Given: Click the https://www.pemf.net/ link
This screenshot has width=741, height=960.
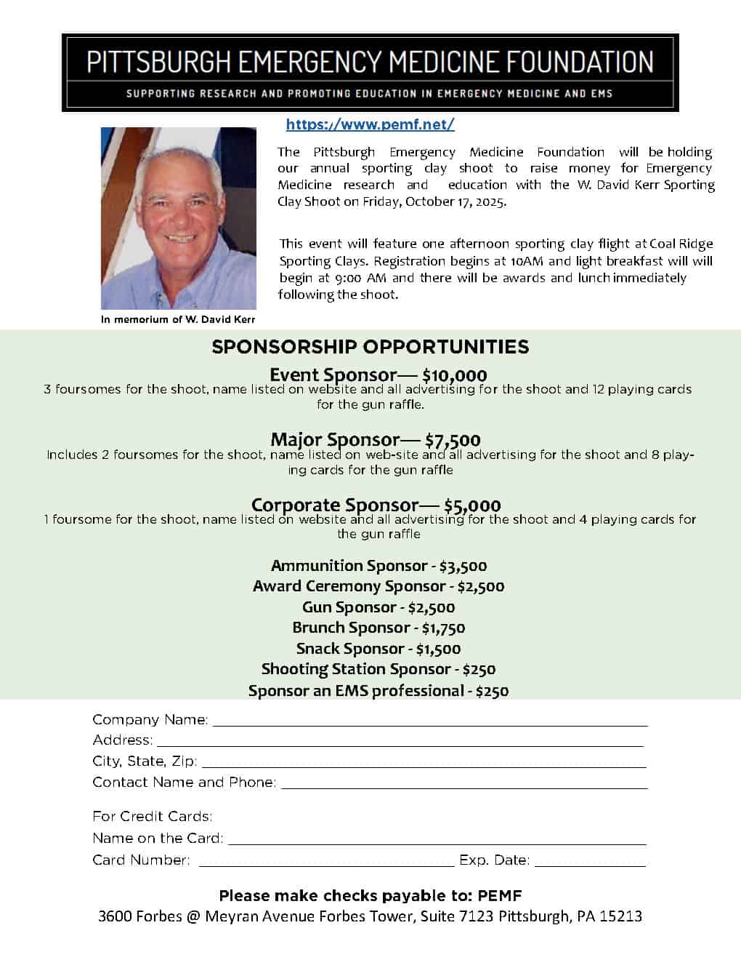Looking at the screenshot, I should pyautogui.click(x=370, y=124).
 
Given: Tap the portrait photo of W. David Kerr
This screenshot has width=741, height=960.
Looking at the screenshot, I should pyautogui.click(x=178, y=218).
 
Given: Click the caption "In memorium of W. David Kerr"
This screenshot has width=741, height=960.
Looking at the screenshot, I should pyautogui.click(x=178, y=319).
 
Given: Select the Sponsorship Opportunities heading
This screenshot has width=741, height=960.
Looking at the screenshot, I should pyautogui.click(x=370, y=347).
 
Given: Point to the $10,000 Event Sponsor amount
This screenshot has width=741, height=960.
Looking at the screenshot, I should pyautogui.click(x=454, y=375).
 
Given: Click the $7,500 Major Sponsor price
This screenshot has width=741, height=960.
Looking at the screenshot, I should pyautogui.click(x=453, y=440).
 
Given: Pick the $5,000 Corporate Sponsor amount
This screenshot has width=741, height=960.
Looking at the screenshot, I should pyautogui.click(x=472, y=505).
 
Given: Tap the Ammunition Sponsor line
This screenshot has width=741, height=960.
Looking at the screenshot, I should pyautogui.click(x=378, y=566).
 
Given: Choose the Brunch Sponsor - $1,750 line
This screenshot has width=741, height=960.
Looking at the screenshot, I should pyautogui.click(x=378, y=628).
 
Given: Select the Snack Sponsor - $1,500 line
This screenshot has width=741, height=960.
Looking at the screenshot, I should pyautogui.click(x=378, y=649).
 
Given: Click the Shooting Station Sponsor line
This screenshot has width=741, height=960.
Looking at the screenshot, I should pyautogui.click(x=378, y=669).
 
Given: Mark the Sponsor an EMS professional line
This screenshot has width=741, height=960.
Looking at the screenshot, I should pyautogui.click(x=378, y=691).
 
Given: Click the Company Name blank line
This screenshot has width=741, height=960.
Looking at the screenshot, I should pyautogui.click(x=429, y=721).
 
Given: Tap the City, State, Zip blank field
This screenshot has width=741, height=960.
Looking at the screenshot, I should pyautogui.click(x=423, y=763).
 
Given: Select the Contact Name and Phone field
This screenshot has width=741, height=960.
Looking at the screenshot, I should pyautogui.click(x=463, y=784).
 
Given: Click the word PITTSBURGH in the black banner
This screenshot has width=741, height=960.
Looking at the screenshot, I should pyautogui.click(x=158, y=62).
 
